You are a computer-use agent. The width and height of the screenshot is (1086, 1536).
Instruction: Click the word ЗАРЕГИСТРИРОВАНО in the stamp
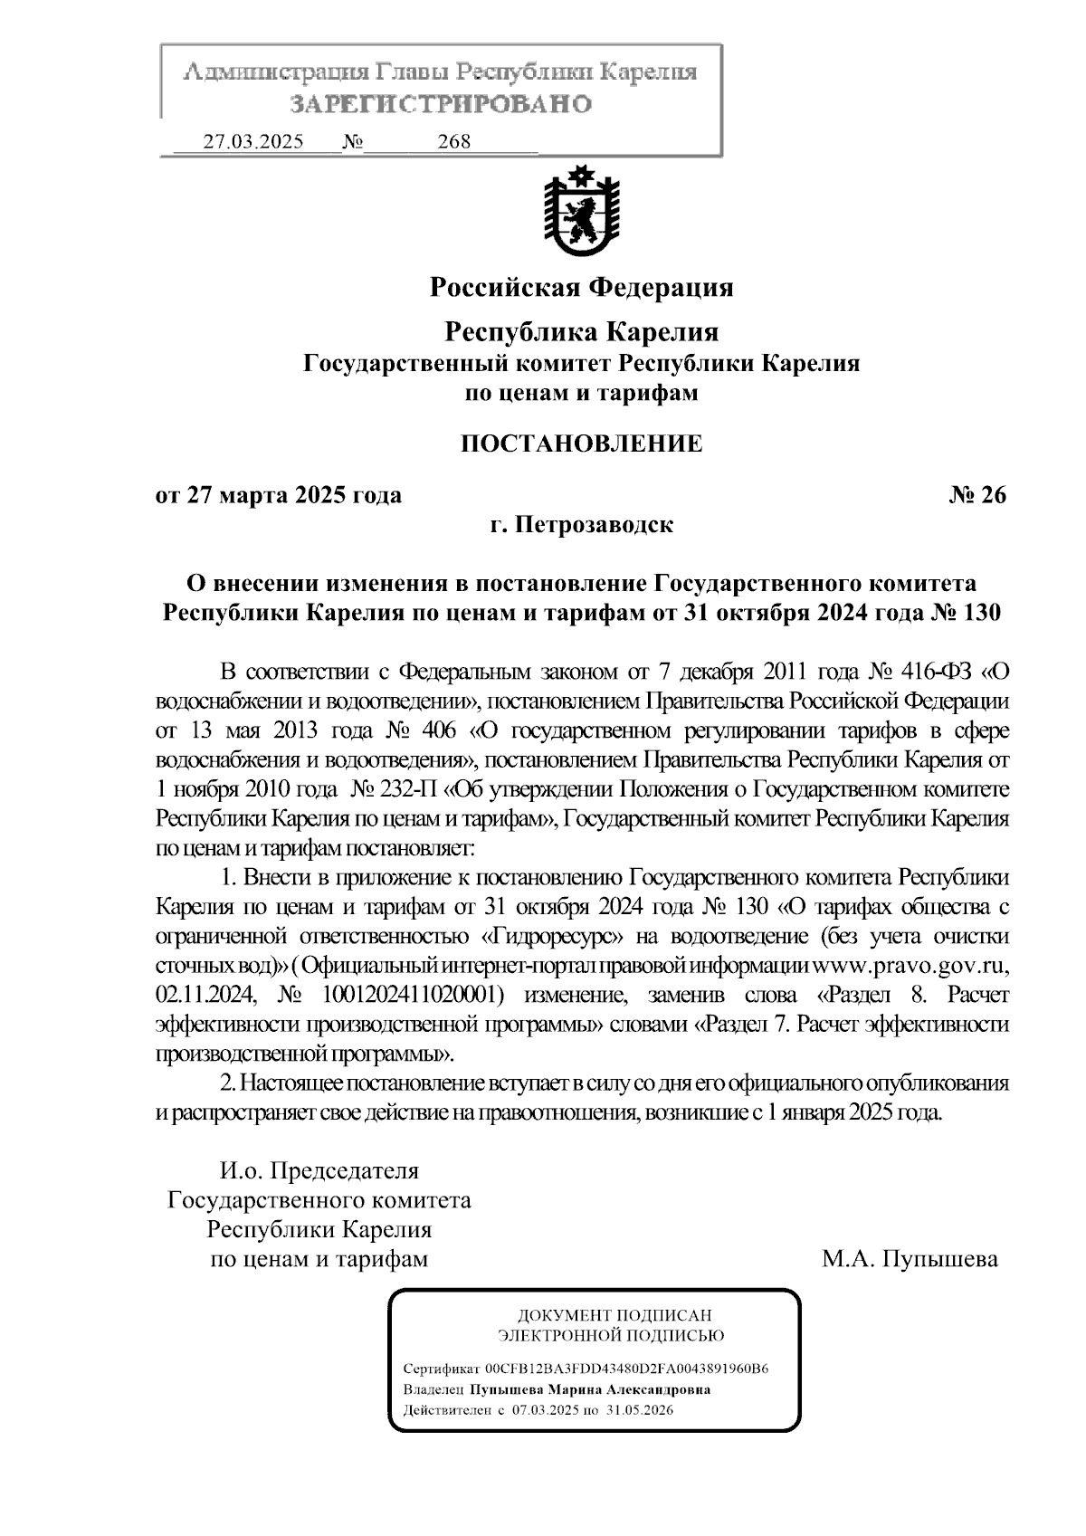pos(440,104)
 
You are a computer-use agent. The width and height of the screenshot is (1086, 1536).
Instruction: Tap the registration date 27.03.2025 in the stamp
pos(253,142)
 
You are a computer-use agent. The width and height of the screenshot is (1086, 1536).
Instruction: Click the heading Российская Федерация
pos(581,288)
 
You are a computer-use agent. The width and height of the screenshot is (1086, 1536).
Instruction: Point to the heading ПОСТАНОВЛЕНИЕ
pos(581,444)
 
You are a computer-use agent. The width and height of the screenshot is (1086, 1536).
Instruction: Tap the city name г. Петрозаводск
pos(581,525)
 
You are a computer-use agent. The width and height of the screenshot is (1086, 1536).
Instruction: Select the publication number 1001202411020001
pos(407,996)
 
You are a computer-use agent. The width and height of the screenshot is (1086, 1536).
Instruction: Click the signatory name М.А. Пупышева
pos(910,1259)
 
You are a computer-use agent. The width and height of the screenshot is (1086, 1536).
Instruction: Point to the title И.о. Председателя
pos(319,1171)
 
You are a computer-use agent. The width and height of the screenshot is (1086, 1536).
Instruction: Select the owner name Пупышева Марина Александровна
pos(589,1389)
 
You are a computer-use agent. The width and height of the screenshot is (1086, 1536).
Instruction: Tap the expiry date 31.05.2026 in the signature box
pos(641,1410)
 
